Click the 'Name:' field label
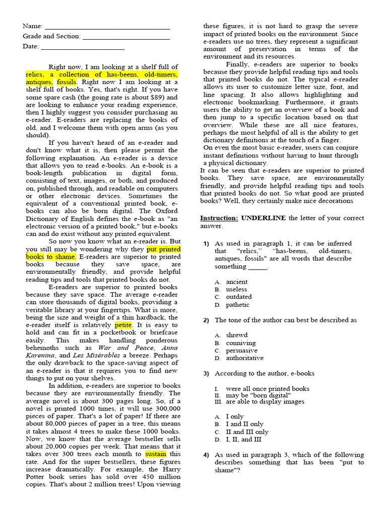point(33,26)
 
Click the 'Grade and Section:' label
point(51,36)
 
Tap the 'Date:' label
point(31,47)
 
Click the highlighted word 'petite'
point(123,325)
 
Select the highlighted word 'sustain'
point(156,454)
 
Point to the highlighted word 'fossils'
point(67,82)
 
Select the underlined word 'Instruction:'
point(219,218)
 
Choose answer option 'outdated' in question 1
point(239,297)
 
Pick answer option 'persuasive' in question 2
point(241,351)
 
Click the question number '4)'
point(206,455)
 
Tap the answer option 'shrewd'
point(237,335)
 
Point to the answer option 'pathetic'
point(238,305)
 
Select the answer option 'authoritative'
point(244,358)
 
